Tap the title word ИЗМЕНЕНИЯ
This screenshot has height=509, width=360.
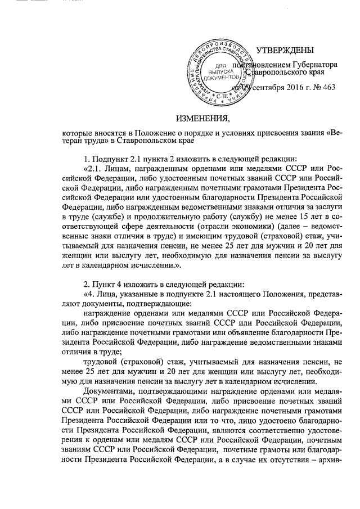(203, 119)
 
